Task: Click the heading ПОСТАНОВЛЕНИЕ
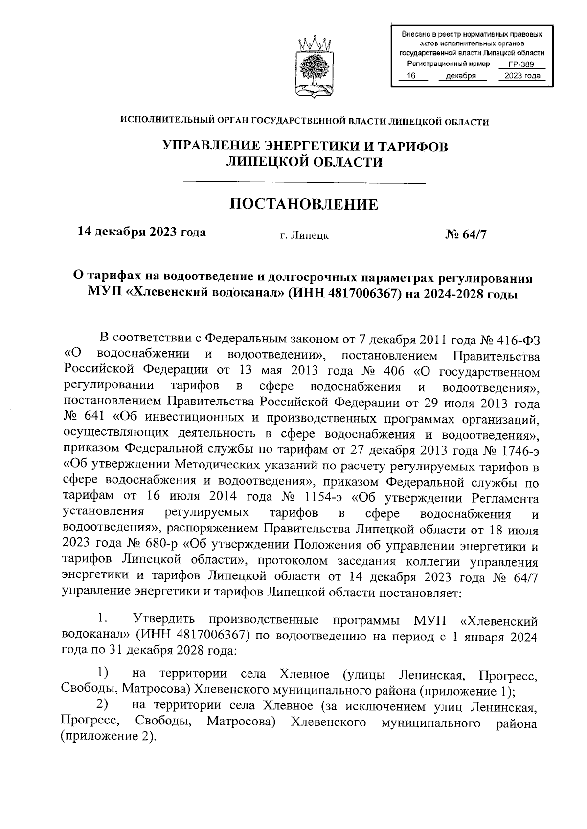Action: (304, 205)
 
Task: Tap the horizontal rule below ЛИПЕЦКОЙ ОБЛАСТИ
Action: (304, 183)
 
